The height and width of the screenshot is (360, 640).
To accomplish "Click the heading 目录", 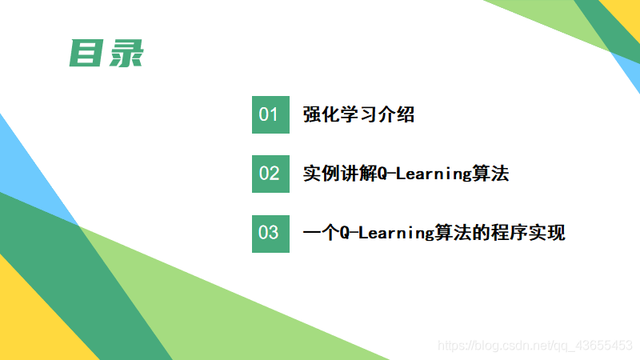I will tap(105, 53).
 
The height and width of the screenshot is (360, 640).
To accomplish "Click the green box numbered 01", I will tap(270, 114).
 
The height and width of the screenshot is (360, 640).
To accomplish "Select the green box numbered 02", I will tap(270, 174).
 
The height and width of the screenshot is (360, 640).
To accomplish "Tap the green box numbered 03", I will tap(270, 233).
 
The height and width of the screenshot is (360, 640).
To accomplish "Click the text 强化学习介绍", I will tap(358, 114).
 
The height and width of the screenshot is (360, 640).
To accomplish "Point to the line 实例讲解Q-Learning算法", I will tap(406, 174).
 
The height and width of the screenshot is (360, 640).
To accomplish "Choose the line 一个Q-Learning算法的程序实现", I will tap(434, 233).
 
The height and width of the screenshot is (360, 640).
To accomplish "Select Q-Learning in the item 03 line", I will tap(387, 233).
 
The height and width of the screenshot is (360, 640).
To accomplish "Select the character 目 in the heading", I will tap(86, 53).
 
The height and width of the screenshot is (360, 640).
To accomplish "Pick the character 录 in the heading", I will tap(125, 53).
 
